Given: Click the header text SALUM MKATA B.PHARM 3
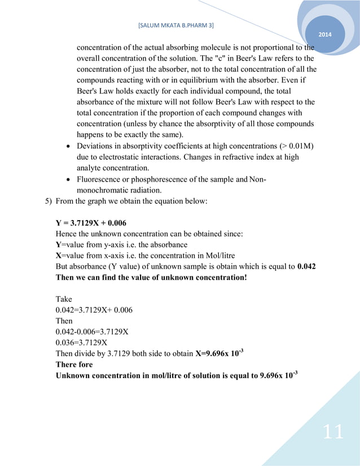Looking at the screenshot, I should pyautogui.click(x=175, y=25).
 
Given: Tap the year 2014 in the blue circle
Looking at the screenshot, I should pyautogui.click(x=326, y=36).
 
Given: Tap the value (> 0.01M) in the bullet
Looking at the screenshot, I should pyautogui.click(x=292, y=147).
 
